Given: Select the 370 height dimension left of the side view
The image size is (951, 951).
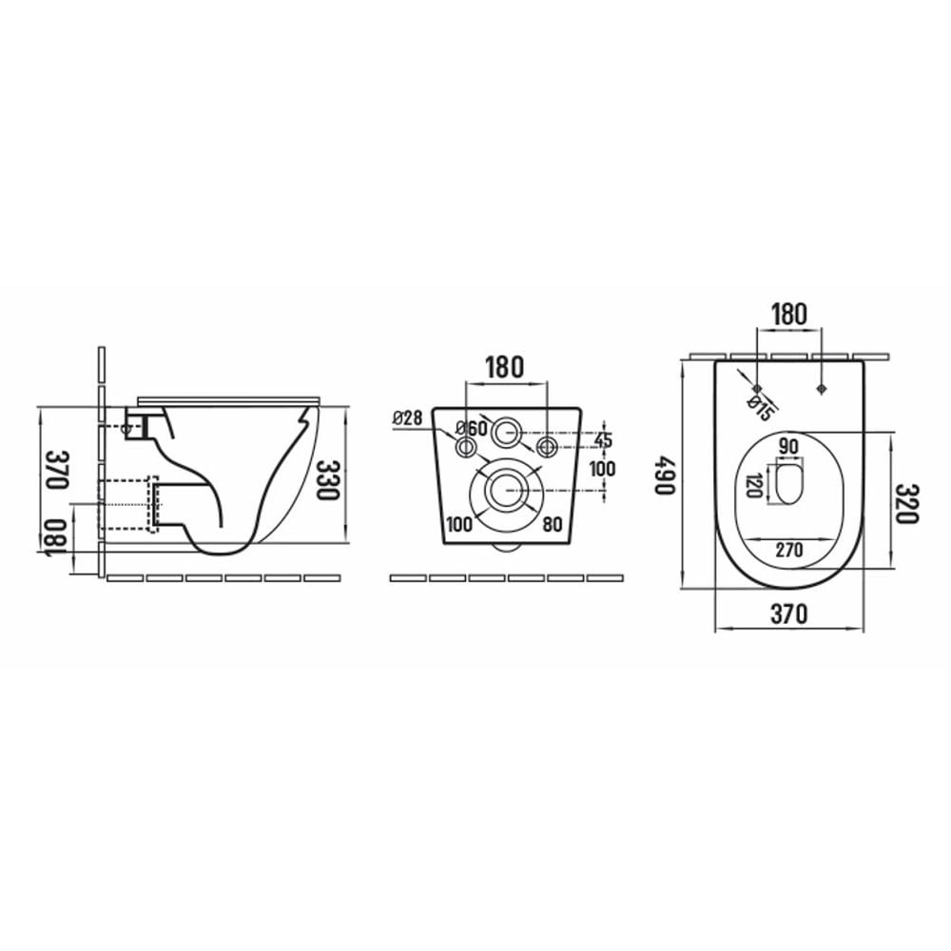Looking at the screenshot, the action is [x=59, y=469].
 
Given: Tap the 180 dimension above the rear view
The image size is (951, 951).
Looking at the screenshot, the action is [x=505, y=367].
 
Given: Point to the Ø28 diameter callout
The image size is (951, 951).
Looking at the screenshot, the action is [x=408, y=417].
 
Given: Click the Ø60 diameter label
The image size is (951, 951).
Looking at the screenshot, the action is [x=472, y=428].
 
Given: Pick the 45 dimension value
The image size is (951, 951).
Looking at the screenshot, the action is [x=603, y=440].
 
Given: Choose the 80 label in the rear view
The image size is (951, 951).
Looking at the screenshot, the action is [x=552, y=524].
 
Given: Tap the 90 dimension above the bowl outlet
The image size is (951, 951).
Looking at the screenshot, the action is [x=788, y=446].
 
